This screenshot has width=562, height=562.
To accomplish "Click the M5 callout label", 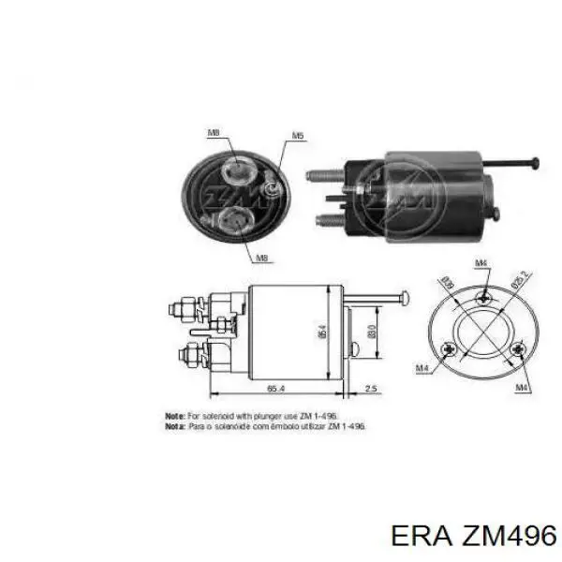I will click(x=297, y=137).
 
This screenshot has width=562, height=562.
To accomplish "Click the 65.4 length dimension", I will click(x=275, y=386).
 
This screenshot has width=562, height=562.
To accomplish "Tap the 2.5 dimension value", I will click(x=371, y=386).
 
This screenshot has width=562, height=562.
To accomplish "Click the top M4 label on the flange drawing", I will click(x=481, y=263).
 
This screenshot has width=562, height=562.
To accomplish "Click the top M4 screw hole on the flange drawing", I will click(x=483, y=298).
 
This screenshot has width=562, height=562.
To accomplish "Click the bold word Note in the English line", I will click(x=174, y=413).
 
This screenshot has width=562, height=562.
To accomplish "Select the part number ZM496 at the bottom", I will click(x=501, y=535).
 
